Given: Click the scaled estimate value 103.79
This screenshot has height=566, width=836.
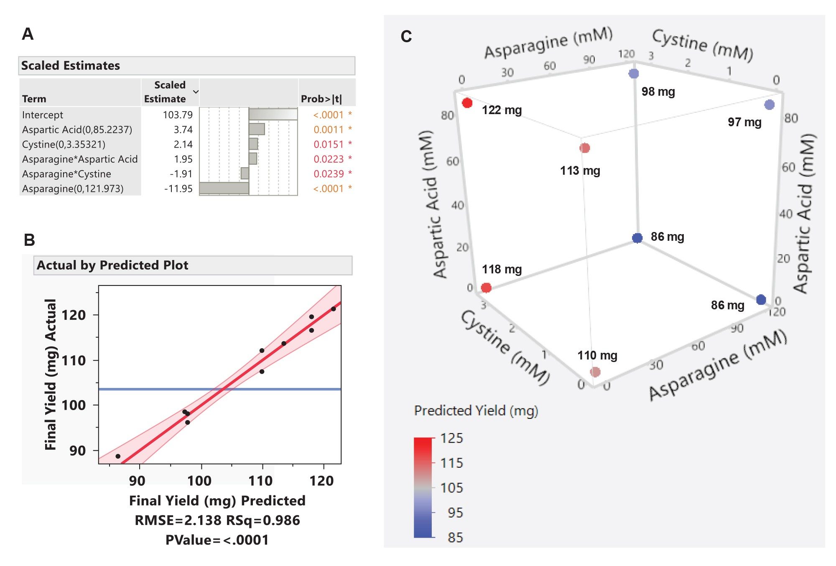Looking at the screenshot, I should [178, 115].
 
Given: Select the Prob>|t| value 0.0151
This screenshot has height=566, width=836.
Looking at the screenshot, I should [329, 144].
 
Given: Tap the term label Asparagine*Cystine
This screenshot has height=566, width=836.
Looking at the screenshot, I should [66, 174].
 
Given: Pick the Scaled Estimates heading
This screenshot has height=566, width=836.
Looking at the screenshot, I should [71, 66].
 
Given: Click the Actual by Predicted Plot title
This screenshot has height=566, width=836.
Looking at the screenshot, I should [112, 265].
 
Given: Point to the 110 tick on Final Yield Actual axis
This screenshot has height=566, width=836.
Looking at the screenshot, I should [74, 360].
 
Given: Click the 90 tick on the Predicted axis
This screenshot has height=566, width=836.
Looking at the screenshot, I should [137, 481].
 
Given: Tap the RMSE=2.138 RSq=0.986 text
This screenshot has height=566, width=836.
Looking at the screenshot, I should [217, 520].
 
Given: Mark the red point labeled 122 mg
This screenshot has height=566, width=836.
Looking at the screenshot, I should [467, 103].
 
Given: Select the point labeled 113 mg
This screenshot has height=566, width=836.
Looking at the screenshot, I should [585, 148].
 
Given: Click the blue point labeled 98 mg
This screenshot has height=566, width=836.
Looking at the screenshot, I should [634, 74].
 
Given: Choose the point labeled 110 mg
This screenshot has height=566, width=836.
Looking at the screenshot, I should [595, 372].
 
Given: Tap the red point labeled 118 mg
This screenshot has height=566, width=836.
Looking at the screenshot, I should [486, 288].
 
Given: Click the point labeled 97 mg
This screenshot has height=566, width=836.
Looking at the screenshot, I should [769, 105].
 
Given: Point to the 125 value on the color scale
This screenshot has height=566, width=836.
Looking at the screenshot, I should [451, 438].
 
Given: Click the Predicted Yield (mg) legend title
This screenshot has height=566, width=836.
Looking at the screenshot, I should [476, 410].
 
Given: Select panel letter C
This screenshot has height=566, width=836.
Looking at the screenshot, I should [406, 37].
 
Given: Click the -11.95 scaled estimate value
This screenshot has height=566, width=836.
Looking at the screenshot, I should [178, 189].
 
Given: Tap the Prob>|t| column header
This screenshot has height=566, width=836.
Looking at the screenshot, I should [321, 99].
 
